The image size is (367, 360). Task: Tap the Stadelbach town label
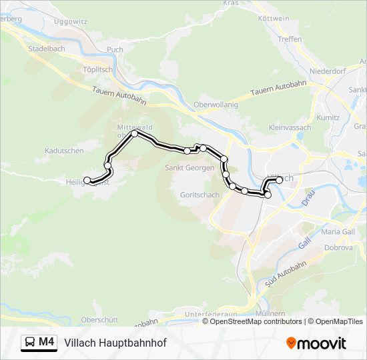tap(47, 49)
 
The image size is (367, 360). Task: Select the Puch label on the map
tap(115, 49)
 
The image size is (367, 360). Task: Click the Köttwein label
tap(274, 19)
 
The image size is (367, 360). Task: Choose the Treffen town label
tap(290, 39)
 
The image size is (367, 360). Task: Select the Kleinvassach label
tap(291, 127)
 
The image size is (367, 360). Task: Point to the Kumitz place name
tap(329, 117)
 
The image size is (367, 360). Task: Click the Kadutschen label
tap(64, 151)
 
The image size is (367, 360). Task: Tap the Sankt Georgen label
tap(190, 167)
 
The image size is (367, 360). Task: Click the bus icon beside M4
tap(31, 342)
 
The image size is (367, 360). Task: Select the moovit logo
tap(316, 343)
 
